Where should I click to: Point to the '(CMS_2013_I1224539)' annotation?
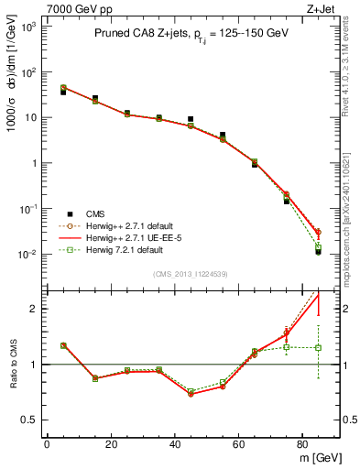(191, 274)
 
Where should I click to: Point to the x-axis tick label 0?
(46, 444)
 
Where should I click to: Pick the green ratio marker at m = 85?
(318, 347)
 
